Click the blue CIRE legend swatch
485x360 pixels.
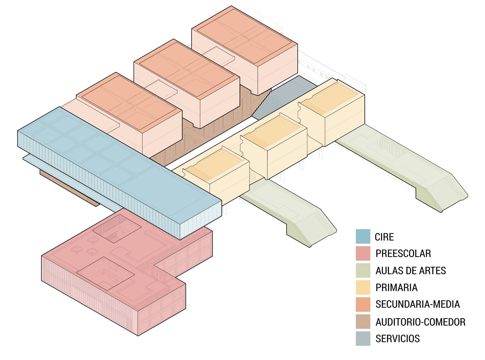click(x=363, y=237)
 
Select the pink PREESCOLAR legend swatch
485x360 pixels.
click(x=363, y=253)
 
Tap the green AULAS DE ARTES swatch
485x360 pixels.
click(x=363, y=270)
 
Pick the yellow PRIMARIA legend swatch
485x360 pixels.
click(x=363, y=287)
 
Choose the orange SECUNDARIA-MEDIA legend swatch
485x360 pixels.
click(x=363, y=304)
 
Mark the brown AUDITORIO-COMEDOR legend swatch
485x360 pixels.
click(x=363, y=321)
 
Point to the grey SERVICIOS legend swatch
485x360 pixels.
click(x=363, y=338)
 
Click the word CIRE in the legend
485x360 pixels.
click(x=384, y=237)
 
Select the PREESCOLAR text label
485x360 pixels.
click(x=403, y=253)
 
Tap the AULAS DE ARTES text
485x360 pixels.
click(x=410, y=270)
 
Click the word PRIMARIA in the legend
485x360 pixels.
click(x=396, y=287)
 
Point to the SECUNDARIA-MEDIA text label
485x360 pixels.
click(x=418, y=304)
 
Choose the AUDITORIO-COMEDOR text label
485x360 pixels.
click(x=420, y=321)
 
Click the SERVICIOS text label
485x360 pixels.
click(x=398, y=338)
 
